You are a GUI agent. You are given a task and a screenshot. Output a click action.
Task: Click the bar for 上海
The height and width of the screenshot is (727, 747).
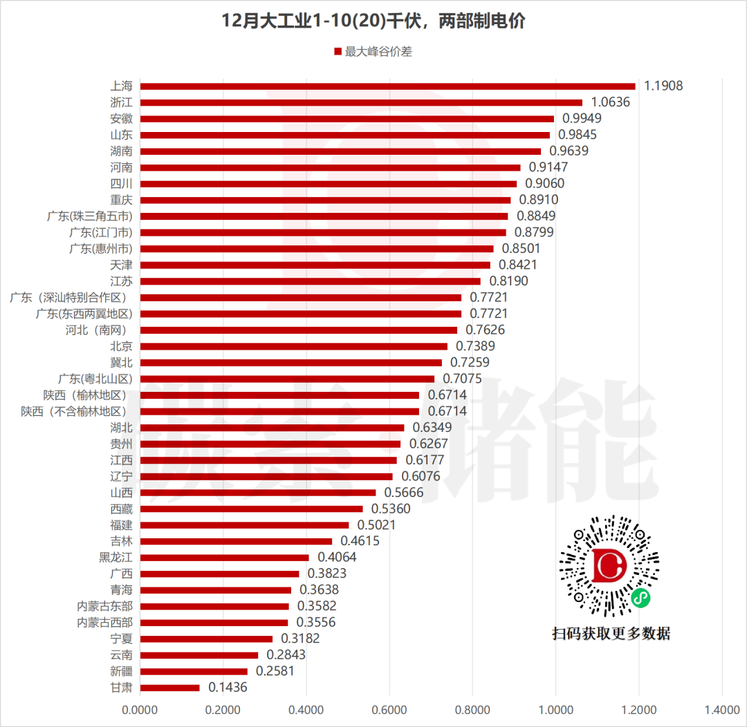387,86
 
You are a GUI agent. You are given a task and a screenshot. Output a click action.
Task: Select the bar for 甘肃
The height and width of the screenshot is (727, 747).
170,688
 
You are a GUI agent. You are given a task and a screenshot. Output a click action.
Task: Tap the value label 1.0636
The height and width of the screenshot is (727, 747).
611,102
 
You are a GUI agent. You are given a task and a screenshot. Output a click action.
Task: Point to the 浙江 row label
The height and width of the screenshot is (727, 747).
121,102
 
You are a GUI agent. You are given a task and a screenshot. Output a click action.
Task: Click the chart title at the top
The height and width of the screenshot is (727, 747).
373,21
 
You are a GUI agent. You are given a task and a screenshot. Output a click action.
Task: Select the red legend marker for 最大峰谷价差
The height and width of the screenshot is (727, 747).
338,52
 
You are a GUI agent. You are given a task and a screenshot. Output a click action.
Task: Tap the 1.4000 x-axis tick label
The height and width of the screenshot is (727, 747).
722,710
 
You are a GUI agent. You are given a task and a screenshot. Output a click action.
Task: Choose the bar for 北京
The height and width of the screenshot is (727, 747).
293,346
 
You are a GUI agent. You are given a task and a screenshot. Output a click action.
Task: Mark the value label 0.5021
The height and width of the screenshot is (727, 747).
377,525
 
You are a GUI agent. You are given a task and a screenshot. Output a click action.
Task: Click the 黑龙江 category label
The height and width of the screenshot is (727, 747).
116,558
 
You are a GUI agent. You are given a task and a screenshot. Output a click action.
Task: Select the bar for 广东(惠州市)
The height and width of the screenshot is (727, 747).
317,249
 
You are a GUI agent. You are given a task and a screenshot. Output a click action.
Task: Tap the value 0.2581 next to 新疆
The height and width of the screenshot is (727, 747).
275,671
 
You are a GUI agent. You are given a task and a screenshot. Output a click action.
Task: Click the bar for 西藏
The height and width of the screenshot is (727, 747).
251,509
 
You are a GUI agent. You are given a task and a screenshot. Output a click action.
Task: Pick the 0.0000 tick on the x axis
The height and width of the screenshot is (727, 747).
140,710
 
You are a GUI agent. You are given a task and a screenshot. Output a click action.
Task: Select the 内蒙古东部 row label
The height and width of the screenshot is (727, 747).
104,606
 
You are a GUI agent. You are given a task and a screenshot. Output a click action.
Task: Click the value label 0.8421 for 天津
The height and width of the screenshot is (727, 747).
518,265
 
